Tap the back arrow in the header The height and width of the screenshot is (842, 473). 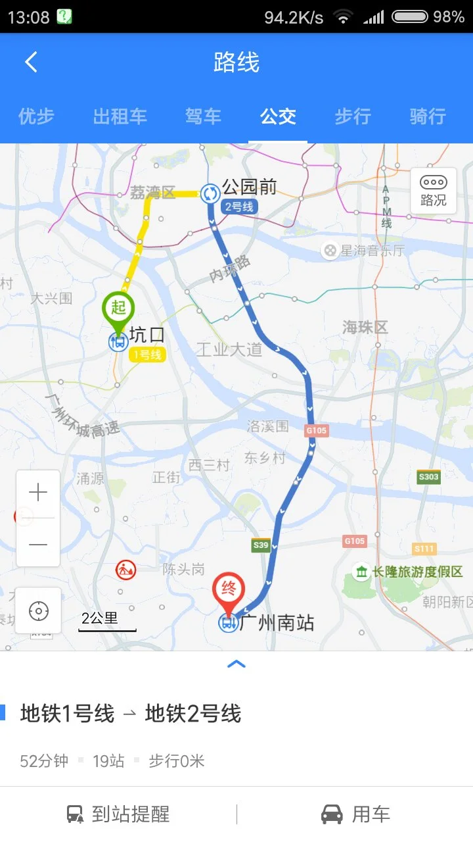point(31,62)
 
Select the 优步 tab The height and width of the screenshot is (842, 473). point(36,116)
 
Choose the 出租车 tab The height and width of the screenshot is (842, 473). point(120,116)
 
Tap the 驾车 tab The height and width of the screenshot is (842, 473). point(203,116)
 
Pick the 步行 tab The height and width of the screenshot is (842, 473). point(353,116)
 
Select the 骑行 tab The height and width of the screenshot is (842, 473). point(428,116)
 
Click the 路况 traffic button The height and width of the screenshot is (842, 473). point(433,191)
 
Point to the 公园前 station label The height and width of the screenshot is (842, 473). point(249,187)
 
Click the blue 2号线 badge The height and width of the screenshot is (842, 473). point(239,207)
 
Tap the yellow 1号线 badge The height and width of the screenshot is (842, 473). point(147,355)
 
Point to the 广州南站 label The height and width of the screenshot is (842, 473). point(277,622)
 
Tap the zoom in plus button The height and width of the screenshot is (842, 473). point(38,493)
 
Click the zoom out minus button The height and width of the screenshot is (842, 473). point(38,544)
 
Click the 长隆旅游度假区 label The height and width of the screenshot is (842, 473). point(417,572)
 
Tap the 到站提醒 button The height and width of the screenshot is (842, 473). point(119,814)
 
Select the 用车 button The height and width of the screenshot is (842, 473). point(355,814)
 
